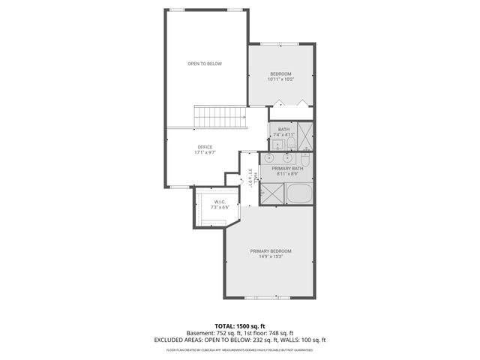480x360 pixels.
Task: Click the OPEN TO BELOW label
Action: (x=205, y=64)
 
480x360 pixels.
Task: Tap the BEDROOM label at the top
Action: (x=281, y=73)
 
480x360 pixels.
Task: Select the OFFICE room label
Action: (x=205, y=146)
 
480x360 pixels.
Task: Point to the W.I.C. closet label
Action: (x=220, y=202)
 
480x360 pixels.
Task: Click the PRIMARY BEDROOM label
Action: (x=271, y=250)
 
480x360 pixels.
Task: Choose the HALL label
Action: (x=256, y=177)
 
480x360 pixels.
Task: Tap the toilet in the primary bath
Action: (x=305, y=160)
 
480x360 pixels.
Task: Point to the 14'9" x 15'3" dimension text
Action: (x=271, y=256)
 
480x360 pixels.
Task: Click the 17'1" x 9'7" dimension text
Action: (x=205, y=152)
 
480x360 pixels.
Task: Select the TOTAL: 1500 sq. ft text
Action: (x=240, y=326)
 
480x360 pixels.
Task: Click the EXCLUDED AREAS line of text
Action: (x=240, y=340)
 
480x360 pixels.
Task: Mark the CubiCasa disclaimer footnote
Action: (x=240, y=349)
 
